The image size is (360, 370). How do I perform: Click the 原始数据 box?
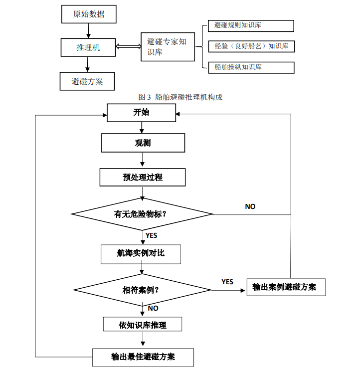(89, 14)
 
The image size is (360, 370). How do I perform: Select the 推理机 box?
(88, 47)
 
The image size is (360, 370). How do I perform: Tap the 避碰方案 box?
(87, 81)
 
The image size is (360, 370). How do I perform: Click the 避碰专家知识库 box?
(168, 47)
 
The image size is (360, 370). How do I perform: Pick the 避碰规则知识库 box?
(251, 25)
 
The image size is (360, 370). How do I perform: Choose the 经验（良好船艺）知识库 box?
(251, 46)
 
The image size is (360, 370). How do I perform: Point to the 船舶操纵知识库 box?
(251, 67)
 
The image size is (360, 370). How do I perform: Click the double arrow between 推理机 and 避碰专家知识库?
(128, 47)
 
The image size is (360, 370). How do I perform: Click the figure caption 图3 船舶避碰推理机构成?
(180, 97)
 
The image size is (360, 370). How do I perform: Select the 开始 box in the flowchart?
(142, 113)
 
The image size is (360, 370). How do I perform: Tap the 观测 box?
(143, 143)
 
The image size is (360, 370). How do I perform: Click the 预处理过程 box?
(143, 177)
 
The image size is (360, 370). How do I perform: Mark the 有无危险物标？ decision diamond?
(143, 214)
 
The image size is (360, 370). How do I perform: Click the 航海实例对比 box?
(141, 254)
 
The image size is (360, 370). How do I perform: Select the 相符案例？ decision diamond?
(143, 290)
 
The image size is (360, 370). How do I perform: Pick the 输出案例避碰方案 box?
(286, 287)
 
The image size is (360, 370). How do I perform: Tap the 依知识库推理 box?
(143, 325)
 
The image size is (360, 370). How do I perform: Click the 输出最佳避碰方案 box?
(143, 357)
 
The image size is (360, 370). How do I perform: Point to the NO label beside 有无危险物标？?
(250, 206)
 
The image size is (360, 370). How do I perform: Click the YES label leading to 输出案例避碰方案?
(227, 282)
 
